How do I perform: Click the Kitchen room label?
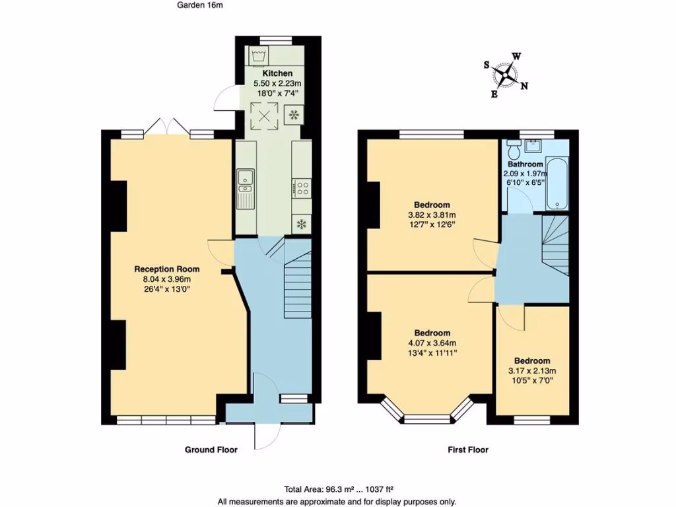[277, 73]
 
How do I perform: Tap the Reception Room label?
[167, 269]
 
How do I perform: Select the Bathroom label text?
[525, 164]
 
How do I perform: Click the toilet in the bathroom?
[514, 149]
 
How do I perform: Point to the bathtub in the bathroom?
[557, 184]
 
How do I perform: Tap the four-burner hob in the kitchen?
[301, 188]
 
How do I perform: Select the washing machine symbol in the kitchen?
[259, 57]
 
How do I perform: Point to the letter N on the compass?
[524, 86]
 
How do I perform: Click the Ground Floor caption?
[211, 450]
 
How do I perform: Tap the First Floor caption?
[468, 450]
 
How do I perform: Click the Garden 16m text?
[199, 5]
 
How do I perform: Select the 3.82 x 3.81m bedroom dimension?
[432, 215]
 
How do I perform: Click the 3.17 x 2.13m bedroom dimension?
[532, 371]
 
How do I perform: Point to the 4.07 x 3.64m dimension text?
[432, 343]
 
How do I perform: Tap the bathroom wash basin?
[533, 145]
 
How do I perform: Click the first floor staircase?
[556, 246]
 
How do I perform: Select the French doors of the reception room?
[166, 127]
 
